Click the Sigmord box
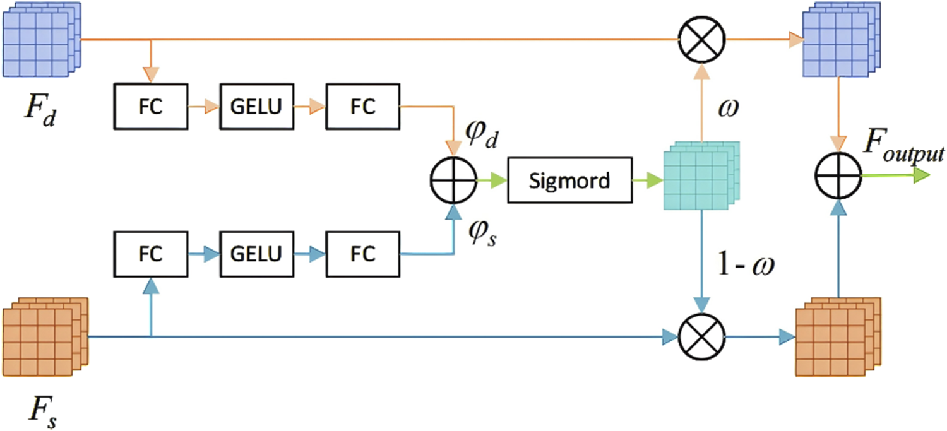(x=569, y=181)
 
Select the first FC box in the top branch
(x=150, y=107)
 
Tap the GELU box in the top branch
(x=256, y=107)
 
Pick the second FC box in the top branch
(x=362, y=107)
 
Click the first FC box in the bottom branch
(x=150, y=254)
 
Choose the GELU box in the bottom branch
(x=256, y=254)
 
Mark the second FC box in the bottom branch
(x=362, y=254)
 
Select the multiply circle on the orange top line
(x=701, y=39)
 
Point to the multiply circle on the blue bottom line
(x=701, y=337)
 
